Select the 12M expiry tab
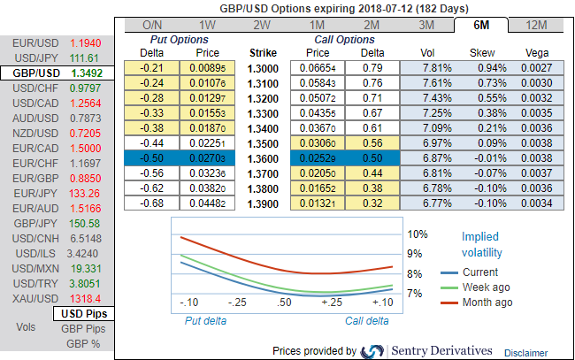point(536,25)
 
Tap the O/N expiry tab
point(152,25)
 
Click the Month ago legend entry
point(487,303)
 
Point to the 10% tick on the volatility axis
point(418,235)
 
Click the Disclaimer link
point(525,352)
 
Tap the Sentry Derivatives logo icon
point(373,351)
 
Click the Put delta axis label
point(206,321)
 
